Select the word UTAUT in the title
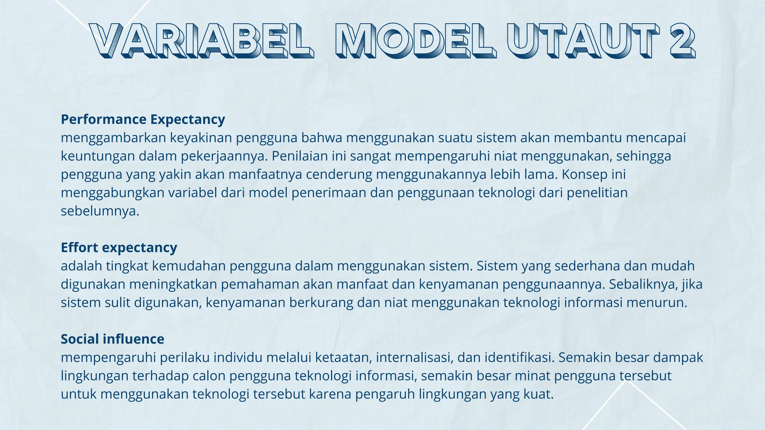[x=583, y=40]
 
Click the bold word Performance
[x=104, y=119]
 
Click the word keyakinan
[x=201, y=138]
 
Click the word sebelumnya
[x=100, y=211]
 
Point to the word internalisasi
[x=415, y=358]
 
